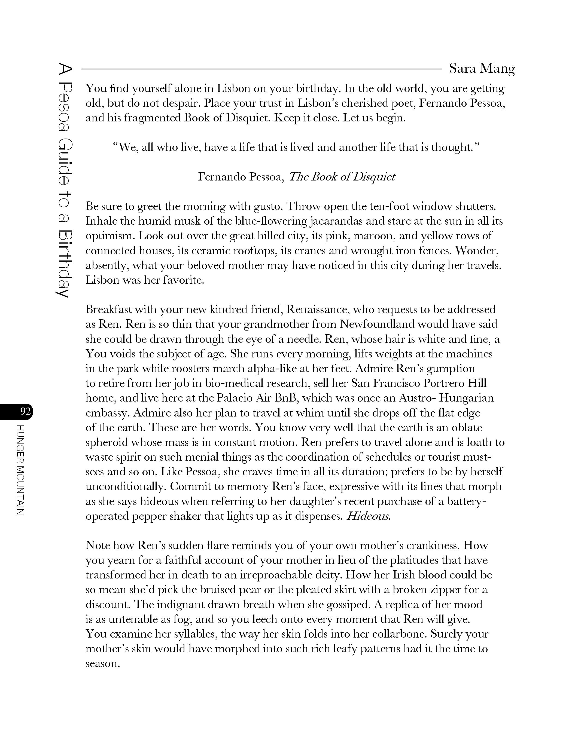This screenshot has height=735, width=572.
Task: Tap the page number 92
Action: point(25,412)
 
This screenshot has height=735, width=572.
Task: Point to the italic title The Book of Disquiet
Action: point(342,177)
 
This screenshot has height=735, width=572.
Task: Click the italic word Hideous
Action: point(368,516)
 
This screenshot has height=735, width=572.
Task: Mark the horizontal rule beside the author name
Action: point(261,69)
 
